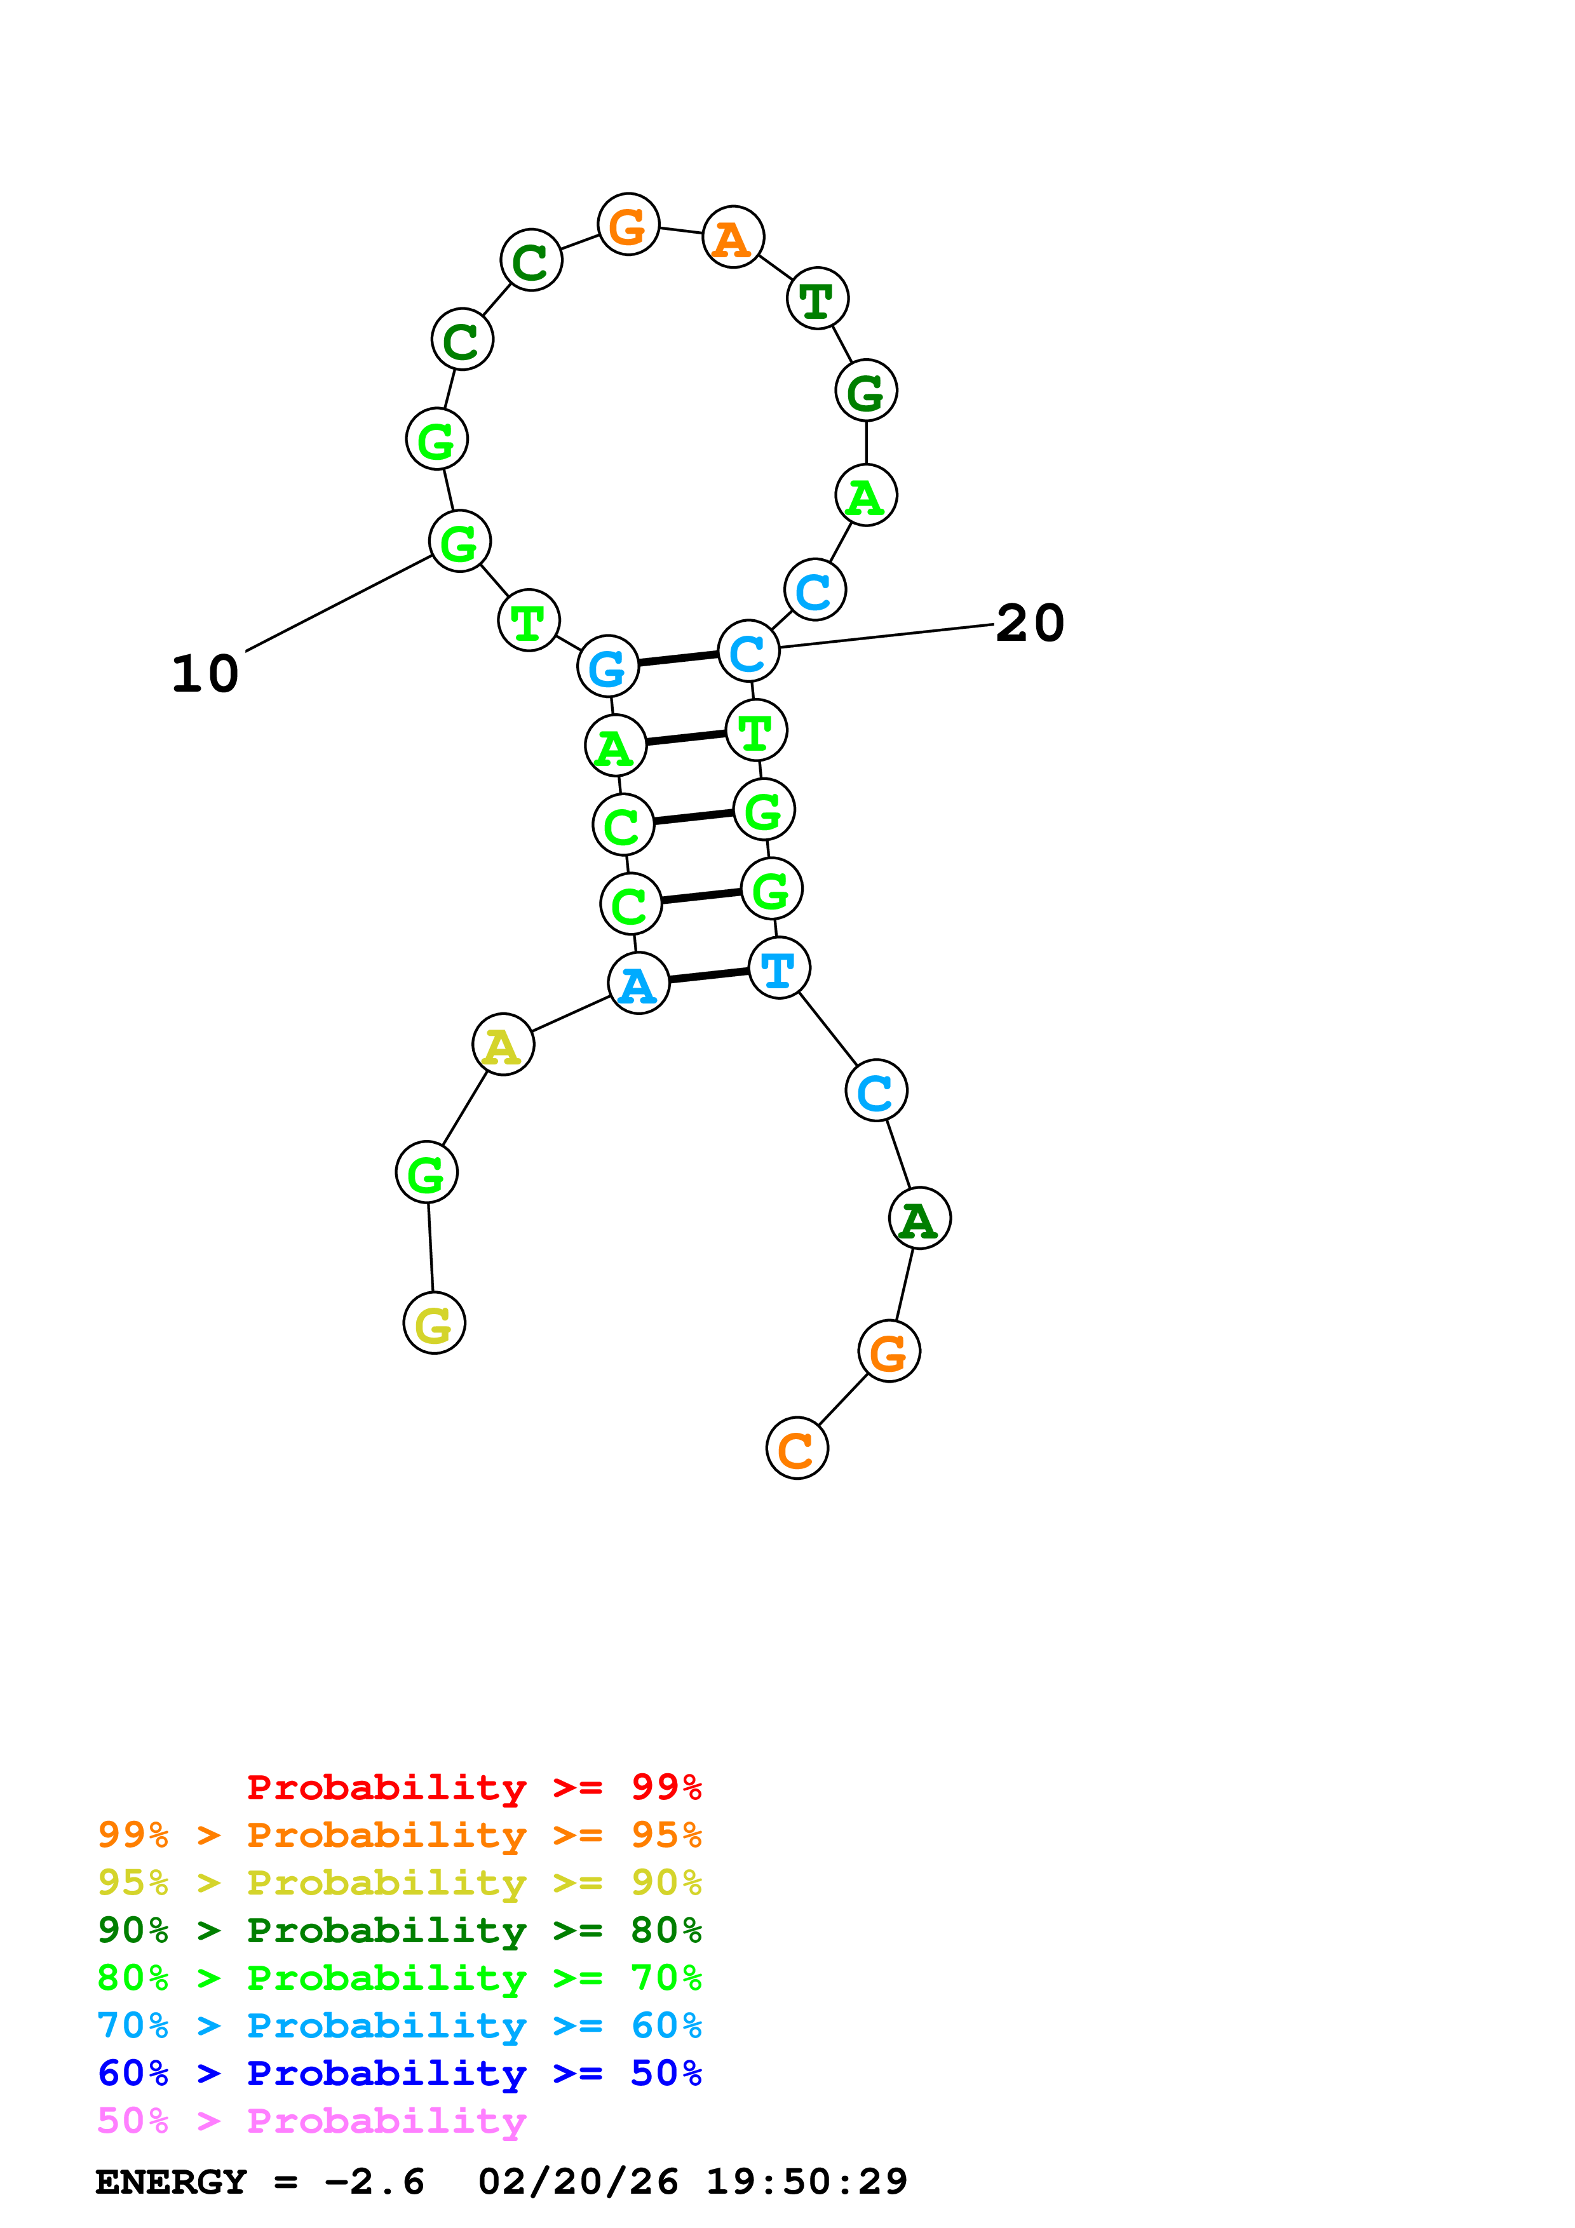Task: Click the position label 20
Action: (1030, 623)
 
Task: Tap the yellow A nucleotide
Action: (503, 1045)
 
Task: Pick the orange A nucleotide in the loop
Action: (733, 238)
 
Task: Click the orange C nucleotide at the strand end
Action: (797, 1449)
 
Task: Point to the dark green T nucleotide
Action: (817, 299)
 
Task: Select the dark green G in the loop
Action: (865, 391)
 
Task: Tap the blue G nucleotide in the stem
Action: (607, 667)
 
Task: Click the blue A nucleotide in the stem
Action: (638, 984)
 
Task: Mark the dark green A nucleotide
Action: (919, 1219)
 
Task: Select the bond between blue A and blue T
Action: (708, 976)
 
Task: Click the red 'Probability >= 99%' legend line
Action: (473, 1787)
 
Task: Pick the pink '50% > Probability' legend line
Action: (311, 2121)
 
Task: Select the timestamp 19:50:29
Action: (806, 2182)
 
